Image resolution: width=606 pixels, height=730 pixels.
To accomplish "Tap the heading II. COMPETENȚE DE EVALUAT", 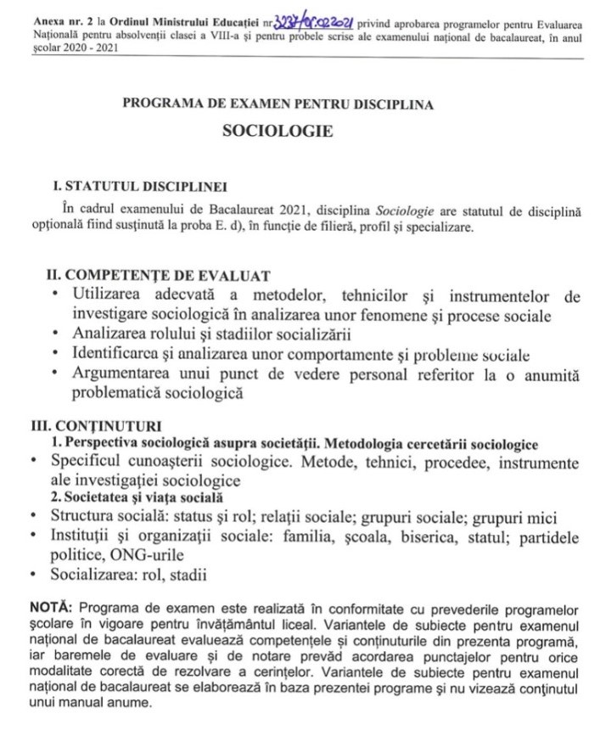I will point(157,276).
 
